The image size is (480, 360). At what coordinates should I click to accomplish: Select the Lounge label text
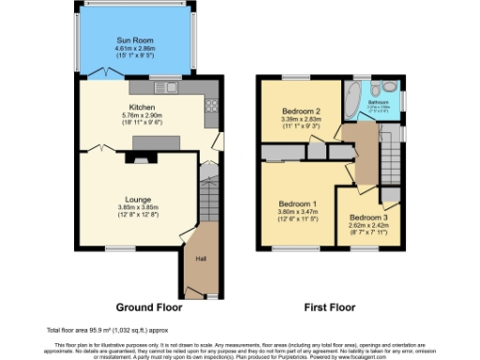coord(134,199)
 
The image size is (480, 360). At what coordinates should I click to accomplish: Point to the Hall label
coord(201,259)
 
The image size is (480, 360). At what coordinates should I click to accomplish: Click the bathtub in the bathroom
coord(352,99)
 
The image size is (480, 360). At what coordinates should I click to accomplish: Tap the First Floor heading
coord(329,307)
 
